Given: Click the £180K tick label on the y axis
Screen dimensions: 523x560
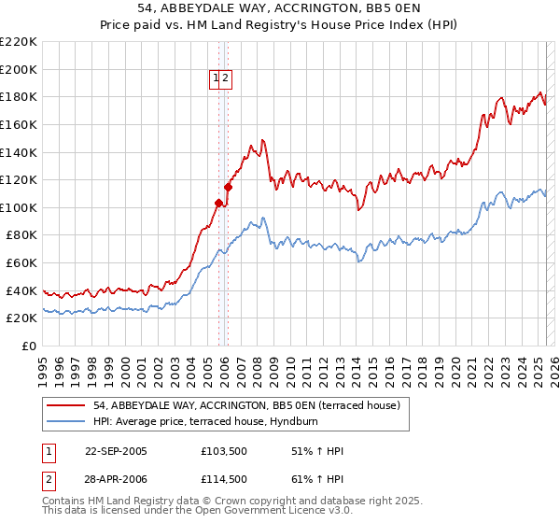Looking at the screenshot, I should pyautogui.click(x=19, y=96).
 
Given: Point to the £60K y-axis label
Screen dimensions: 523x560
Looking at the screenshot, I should pyautogui.click(x=21, y=262).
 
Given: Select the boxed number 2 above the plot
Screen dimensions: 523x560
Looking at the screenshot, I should pyautogui.click(x=226, y=79).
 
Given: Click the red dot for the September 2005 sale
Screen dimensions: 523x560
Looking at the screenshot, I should pyautogui.click(x=219, y=203).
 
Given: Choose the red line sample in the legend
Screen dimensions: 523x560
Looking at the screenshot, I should pyautogui.click(x=65, y=405).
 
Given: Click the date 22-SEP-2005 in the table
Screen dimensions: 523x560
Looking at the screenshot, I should pyautogui.click(x=116, y=451).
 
